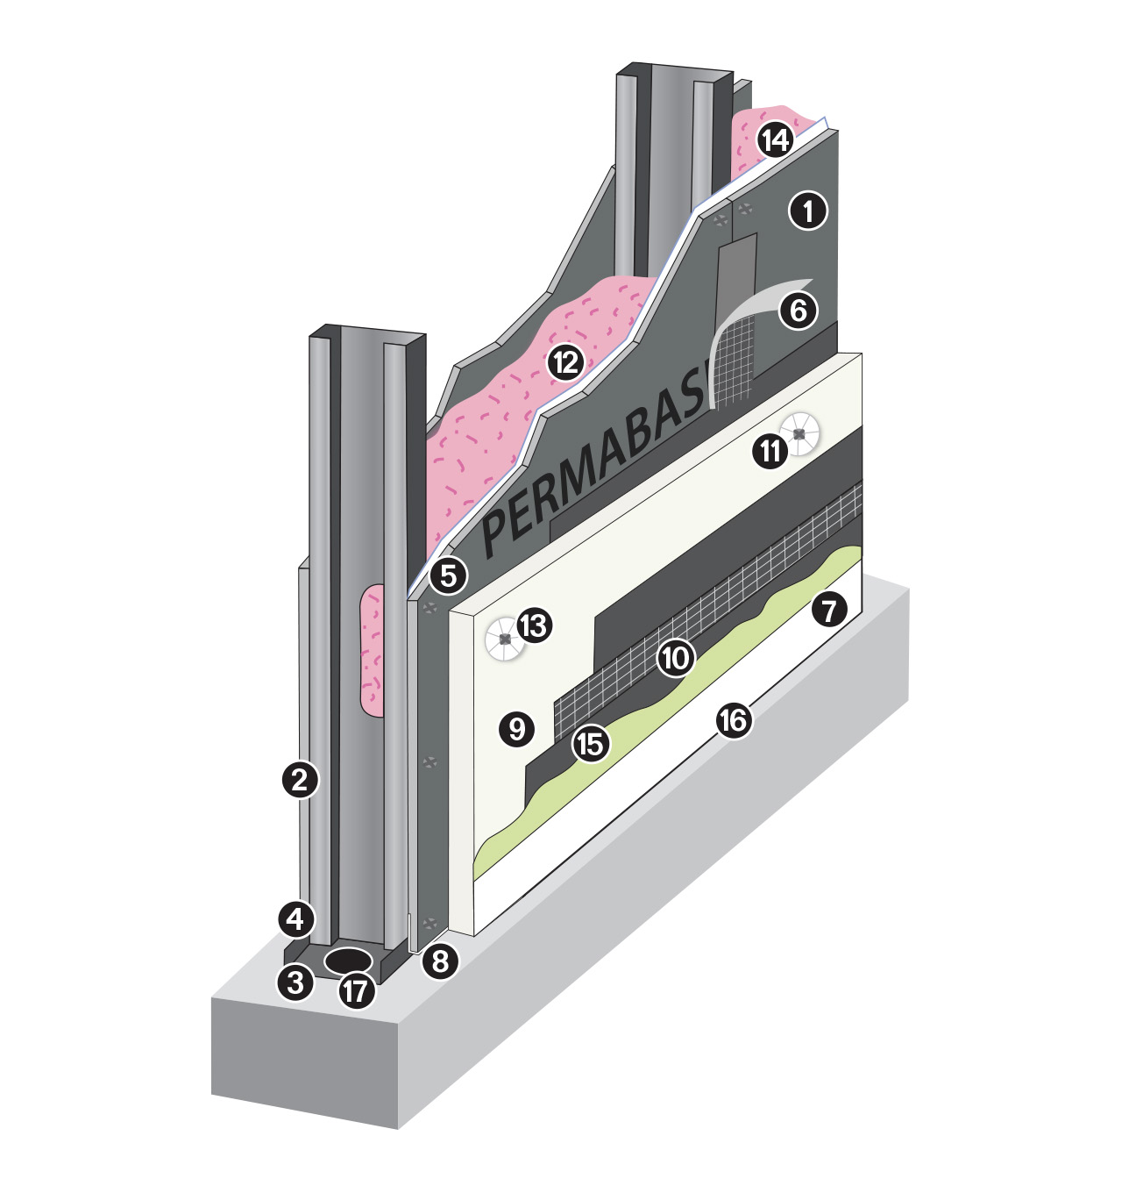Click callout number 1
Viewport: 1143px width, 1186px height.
click(807, 211)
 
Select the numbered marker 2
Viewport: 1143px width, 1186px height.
click(300, 778)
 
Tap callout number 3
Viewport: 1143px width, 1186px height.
click(295, 982)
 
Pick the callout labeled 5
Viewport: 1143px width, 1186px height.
click(448, 576)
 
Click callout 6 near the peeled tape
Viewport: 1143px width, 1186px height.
click(798, 310)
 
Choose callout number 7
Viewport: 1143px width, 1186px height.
click(829, 610)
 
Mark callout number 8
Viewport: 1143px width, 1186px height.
click(440, 961)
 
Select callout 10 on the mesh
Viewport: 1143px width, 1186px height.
click(675, 657)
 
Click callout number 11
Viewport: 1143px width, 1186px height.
click(770, 451)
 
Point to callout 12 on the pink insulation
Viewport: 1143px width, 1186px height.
click(565, 361)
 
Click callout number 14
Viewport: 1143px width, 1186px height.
click(775, 139)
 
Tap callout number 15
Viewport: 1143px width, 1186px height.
click(590, 743)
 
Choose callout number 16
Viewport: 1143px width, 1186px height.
click(733, 720)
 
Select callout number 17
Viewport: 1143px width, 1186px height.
click(356, 991)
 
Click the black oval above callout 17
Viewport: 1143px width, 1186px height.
click(348, 960)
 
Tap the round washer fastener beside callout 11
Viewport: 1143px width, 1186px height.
click(799, 434)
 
